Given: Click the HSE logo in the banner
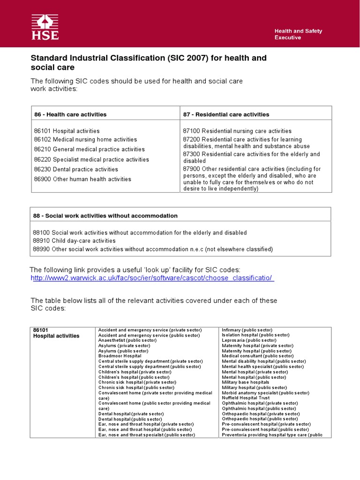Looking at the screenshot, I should [x=45, y=27].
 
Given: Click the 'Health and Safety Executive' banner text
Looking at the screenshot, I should [x=298, y=34].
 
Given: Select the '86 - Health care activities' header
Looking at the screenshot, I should [x=70, y=114].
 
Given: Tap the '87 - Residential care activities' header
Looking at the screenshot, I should [x=226, y=114].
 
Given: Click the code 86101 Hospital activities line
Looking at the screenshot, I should [x=67, y=131].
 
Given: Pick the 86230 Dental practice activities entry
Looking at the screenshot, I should [x=76, y=169].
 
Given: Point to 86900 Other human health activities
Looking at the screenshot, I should [x=82, y=179].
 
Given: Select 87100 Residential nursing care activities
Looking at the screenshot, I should [x=237, y=131].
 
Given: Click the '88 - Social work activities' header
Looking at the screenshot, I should [x=105, y=216].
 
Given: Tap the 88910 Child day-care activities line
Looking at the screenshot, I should [x=74, y=241].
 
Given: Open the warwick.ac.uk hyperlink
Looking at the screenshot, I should [x=152, y=278].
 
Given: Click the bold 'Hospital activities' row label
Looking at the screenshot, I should [x=56, y=336].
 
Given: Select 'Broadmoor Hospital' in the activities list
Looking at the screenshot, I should [x=120, y=356].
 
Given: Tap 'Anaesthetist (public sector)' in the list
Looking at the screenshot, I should [x=127, y=340].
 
